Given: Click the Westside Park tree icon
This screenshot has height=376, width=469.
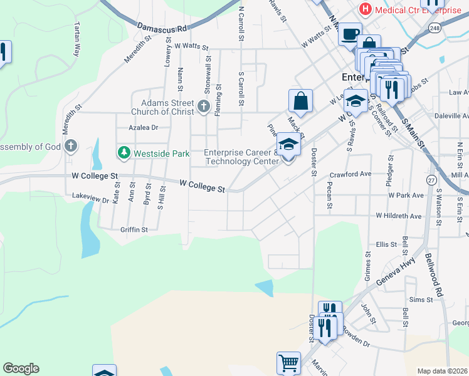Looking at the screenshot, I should coord(124,152).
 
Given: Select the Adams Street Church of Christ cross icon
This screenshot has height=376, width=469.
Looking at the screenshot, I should coord(203,107).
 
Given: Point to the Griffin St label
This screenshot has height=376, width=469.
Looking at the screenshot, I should coord(134,230).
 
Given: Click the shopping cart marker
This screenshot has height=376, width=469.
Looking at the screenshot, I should coord(288,362).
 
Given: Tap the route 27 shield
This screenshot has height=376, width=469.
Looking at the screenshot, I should coord(431,180).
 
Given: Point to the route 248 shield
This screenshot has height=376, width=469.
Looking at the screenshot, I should coord(435,28).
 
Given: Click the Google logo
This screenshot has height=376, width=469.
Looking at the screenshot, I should coord(21,368).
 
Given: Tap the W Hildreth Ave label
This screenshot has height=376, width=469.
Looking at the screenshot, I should coord(399,216).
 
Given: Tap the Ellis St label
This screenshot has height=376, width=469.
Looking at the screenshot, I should coord(386,244).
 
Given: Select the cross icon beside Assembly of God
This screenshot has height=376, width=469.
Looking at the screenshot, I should coord(71,147).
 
